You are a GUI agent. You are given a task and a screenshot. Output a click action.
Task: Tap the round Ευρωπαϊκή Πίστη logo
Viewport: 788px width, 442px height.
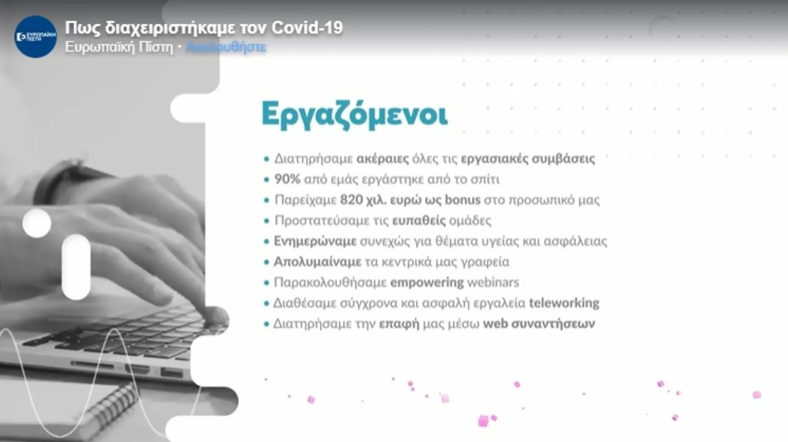click(36, 37)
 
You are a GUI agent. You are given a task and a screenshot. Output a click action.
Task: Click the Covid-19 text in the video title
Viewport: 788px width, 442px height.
click(307, 28)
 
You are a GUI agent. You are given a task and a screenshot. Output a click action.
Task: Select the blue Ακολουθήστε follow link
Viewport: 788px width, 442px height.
click(226, 47)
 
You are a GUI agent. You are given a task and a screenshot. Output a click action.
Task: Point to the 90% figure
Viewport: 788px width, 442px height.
click(287, 180)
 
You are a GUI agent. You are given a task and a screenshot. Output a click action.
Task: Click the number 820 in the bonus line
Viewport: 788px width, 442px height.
click(351, 200)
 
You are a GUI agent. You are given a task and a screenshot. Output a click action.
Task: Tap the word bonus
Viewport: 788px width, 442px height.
click(463, 200)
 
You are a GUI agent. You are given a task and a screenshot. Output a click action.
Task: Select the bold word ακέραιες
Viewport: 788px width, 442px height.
click(383, 159)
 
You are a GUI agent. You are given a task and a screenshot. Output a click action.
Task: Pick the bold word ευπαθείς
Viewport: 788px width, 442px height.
click(419, 221)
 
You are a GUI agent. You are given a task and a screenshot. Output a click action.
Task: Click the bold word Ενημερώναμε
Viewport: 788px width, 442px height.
click(315, 241)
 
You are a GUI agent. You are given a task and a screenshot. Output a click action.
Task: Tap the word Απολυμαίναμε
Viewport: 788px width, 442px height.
click(318, 262)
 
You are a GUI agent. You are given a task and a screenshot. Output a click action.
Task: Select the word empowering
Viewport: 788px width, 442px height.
click(427, 282)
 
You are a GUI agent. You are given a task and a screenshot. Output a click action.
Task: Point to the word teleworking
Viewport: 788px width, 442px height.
click(564, 303)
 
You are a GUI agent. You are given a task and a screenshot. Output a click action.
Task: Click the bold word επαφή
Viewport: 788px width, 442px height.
click(399, 324)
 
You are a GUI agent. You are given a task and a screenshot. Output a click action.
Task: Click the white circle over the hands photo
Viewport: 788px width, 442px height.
click(37, 223)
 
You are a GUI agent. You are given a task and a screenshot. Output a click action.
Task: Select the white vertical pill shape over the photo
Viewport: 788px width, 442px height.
click(76, 267)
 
